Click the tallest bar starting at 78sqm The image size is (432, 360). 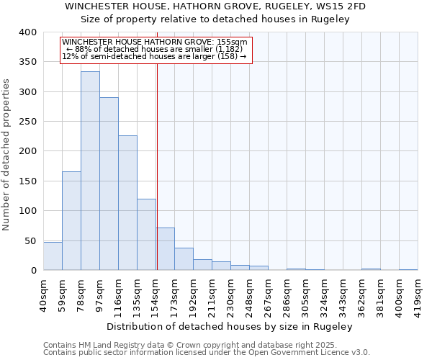click(x=90, y=171)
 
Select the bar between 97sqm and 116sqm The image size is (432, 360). click(x=109, y=184)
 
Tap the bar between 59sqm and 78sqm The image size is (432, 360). click(x=71, y=221)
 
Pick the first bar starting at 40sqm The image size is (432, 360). click(x=53, y=256)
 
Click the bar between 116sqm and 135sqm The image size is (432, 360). click(x=127, y=203)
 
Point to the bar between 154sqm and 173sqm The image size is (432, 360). click(x=166, y=249)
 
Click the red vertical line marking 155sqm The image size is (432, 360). click(x=156, y=166)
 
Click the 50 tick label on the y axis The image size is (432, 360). click(x=30, y=240)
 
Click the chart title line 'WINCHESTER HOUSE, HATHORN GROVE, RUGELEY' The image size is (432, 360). click(x=215, y=6)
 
